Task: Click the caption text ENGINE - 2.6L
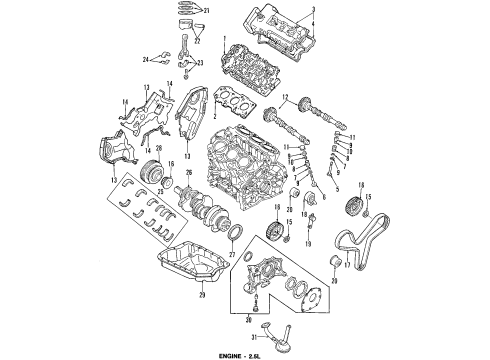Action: [x=245, y=353]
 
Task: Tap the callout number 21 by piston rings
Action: [x=207, y=10]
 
